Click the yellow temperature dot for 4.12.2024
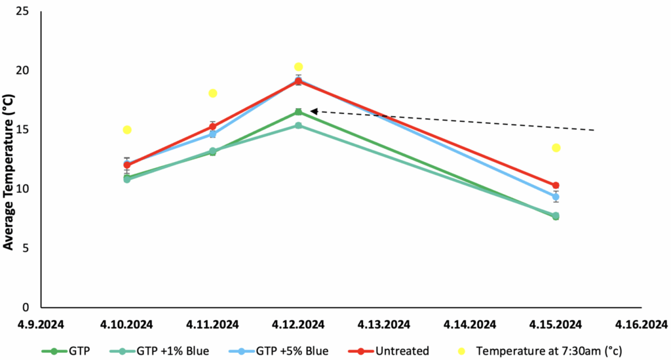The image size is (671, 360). pos(298,67)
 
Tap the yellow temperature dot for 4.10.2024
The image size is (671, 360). pos(127,130)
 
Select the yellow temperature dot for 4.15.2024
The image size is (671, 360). pos(556,148)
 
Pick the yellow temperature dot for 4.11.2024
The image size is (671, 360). pos(213,93)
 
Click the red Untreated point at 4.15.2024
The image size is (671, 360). pos(556,186)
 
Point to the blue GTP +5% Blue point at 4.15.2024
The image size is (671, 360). pos(556,197)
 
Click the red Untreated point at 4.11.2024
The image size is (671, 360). pos(213,126)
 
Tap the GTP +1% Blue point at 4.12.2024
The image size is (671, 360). pos(298,125)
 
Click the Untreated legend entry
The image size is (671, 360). pos(396,350)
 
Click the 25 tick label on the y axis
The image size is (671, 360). pos(24,12)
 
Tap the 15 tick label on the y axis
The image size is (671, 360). pos(24,130)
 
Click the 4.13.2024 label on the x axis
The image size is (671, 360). pos(384,324)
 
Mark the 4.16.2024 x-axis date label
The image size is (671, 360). pos(642,324)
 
